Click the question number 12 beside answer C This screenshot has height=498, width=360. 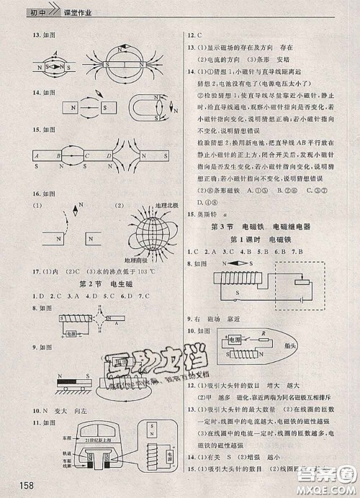(x=192, y=34)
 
